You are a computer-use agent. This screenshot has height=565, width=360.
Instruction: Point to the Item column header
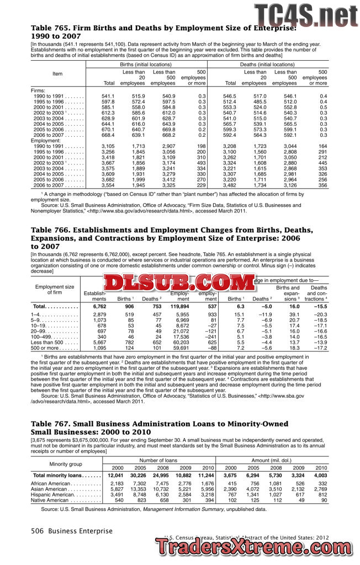[x=57, y=74]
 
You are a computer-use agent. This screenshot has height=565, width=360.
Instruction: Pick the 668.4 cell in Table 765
[x=107, y=135]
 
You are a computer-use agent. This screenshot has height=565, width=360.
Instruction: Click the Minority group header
[x=66, y=463]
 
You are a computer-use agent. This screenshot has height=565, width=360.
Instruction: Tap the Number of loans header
[x=158, y=460]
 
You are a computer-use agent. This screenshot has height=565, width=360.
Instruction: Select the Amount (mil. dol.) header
[x=272, y=460]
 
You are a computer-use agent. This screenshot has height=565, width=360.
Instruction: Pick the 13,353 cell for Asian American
[x=137, y=489]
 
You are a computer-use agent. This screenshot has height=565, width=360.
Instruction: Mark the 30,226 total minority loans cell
[x=137, y=475]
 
